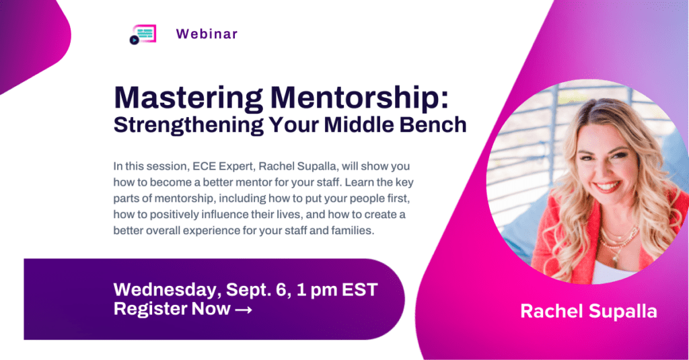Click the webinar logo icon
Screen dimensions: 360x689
click(x=142, y=34)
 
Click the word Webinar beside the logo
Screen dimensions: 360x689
click(x=207, y=34)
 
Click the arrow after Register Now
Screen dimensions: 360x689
click(x=243, y=309)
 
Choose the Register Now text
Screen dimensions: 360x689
click(x=172, y=309)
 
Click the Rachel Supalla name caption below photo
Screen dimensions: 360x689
click(x=588, y=311)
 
